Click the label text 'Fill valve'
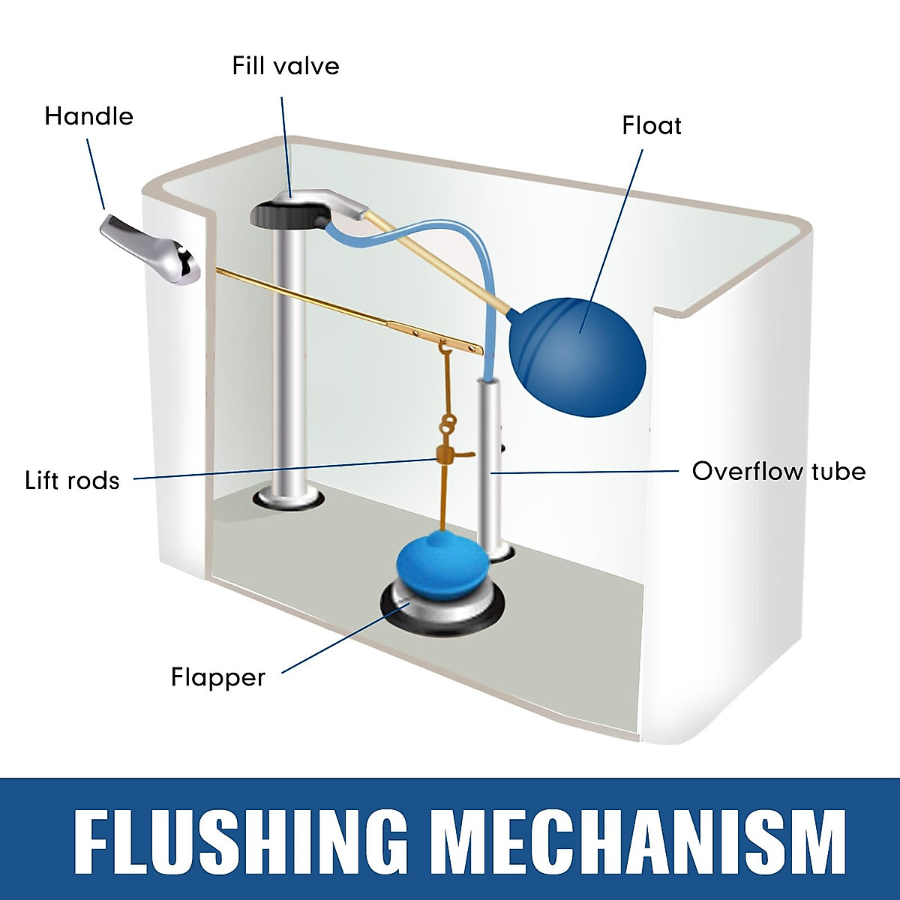tap(285, 66)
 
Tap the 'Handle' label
tap(88, 116)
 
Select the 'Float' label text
tap(652, 126)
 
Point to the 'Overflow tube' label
tap(778, 471)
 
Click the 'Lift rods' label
tap(73, 481)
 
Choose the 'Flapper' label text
tap(218, 678)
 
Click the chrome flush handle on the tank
tap(150, 250)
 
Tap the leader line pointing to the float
tap(611, 241)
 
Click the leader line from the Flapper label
tap(346, 637)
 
